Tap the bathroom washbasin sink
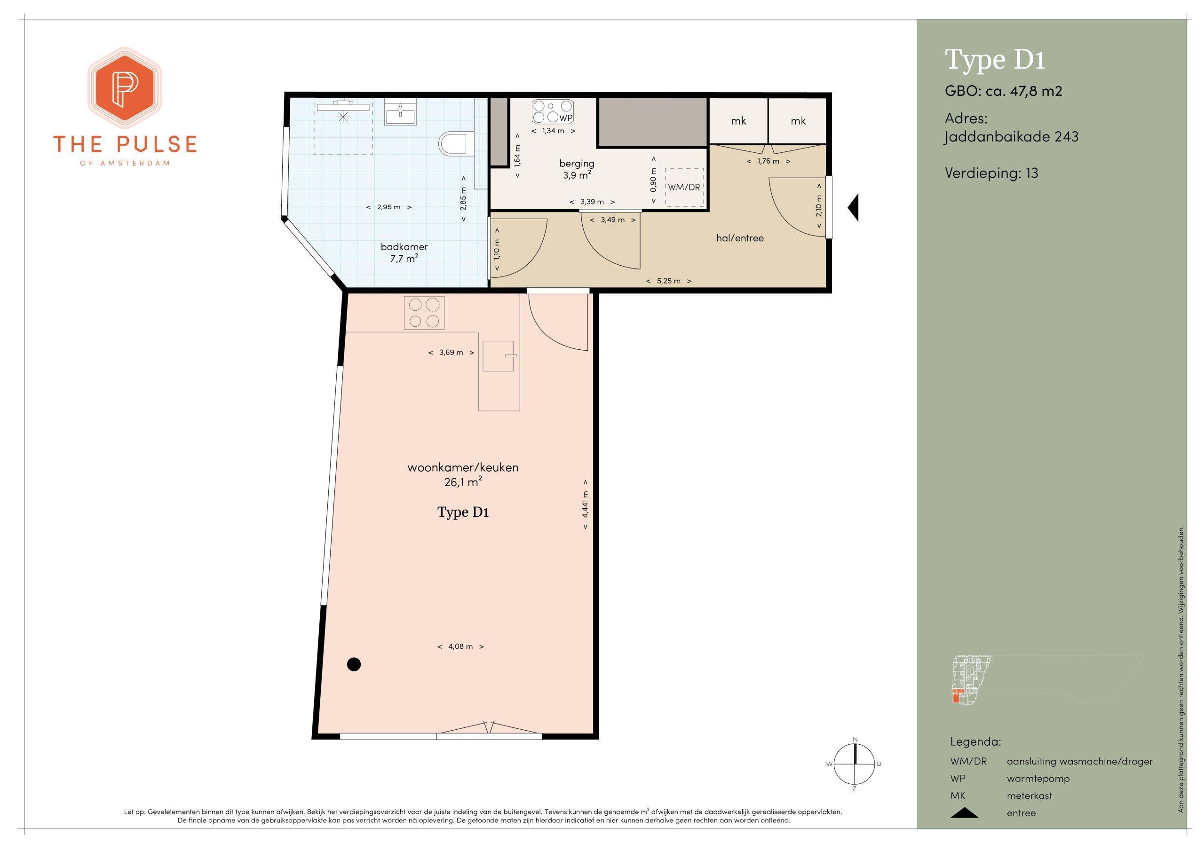pos(401,113)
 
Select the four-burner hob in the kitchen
pos(424,313)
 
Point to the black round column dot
pos(355,664)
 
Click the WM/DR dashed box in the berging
pos(684,187)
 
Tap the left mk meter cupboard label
pos(738,121)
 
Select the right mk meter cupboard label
pos(798,121)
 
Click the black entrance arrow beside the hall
pos(853,207)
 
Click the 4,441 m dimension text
pos(585,504)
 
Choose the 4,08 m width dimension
pos(460,646)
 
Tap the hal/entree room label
pos(740,238)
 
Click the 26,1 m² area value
pos(463,482)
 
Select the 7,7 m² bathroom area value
pos(404,258)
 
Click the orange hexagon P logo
pos(125,88)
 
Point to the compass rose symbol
pos(855,764)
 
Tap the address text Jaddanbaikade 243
pos(1012,137)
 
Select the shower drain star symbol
pos(343,117)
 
